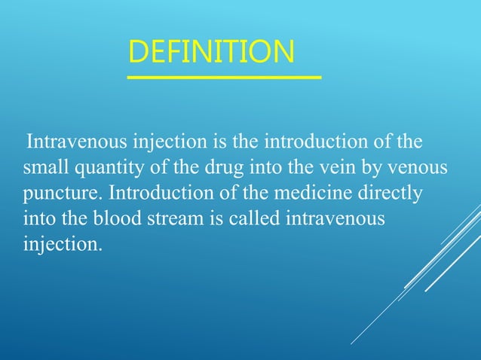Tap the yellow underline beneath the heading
224,77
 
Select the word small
43,166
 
